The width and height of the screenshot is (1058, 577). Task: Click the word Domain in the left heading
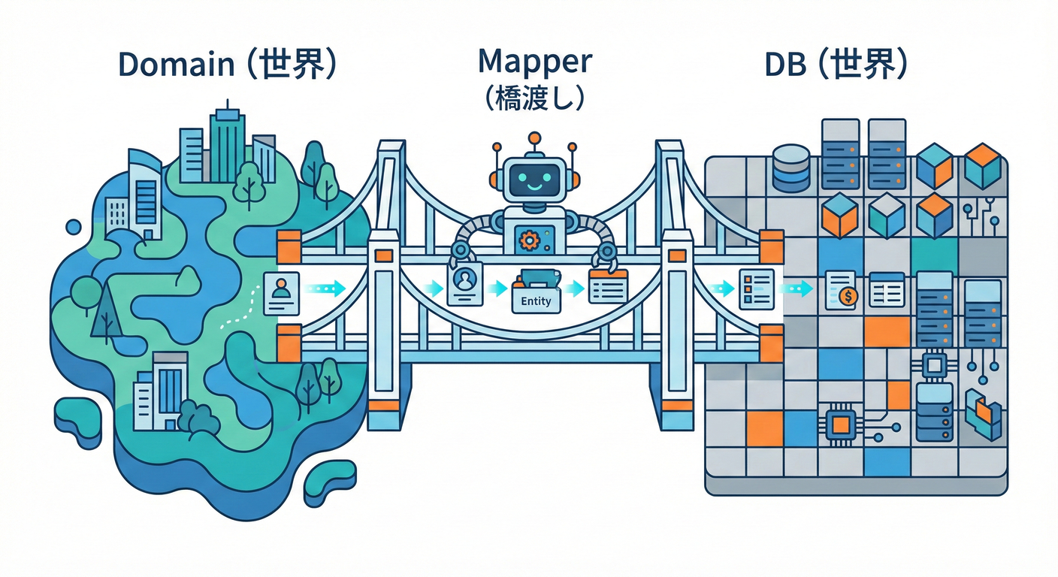coord(176,65)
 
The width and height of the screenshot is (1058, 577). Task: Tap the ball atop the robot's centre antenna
coord(534,138)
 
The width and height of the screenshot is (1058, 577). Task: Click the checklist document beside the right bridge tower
coord(755,288)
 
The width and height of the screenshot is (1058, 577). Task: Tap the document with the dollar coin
coord(842,289)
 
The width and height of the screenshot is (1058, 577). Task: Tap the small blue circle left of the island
coord(74,226)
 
